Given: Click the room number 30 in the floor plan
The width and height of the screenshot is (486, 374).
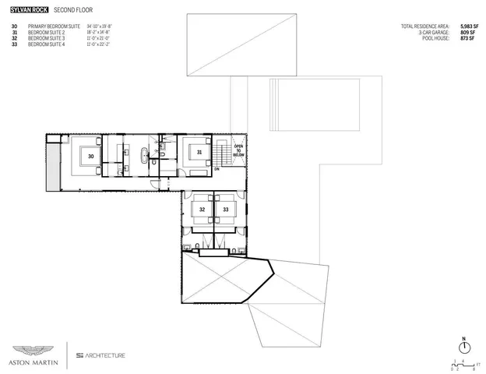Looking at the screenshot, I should coord(91,156).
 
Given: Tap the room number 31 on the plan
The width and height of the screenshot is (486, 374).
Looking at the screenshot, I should coord(199,153).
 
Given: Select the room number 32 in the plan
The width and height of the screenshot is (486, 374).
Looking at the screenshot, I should coord(202,210).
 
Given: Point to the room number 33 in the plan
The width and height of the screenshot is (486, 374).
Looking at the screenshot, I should coord(226,210).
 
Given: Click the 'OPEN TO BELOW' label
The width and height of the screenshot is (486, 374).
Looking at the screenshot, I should coord(239,150).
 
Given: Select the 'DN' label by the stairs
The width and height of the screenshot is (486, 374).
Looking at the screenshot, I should coord(217,168).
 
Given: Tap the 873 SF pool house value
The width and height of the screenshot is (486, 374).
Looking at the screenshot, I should coord(467,37).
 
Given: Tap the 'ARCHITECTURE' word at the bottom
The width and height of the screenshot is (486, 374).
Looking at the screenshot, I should coord(105,355).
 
